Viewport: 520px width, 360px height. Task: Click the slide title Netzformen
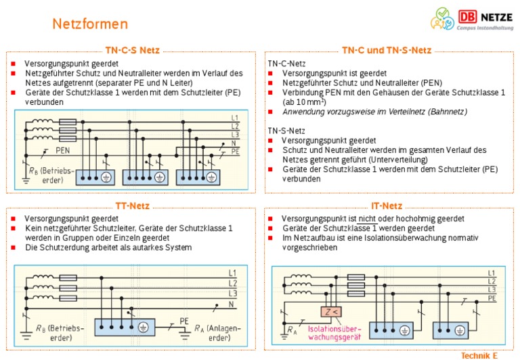click(90, 24)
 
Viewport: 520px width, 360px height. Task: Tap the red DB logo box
click(467, 16)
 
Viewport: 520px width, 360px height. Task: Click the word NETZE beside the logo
click(496, 16)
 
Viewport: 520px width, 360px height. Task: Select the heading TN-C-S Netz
click(133, 51)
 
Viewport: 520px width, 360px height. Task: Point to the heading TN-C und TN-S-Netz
click(386, 51)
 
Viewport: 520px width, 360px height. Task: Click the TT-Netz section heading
click(132, 206)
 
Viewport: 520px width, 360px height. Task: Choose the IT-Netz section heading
click(387, 206)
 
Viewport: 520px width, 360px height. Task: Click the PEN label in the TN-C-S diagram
click(64, 150)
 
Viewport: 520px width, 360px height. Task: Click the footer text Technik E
click(479, 355)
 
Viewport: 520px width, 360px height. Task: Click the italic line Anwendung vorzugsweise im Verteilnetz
click(374, 112)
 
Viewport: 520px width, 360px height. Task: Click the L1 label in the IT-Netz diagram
click(492, 273)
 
